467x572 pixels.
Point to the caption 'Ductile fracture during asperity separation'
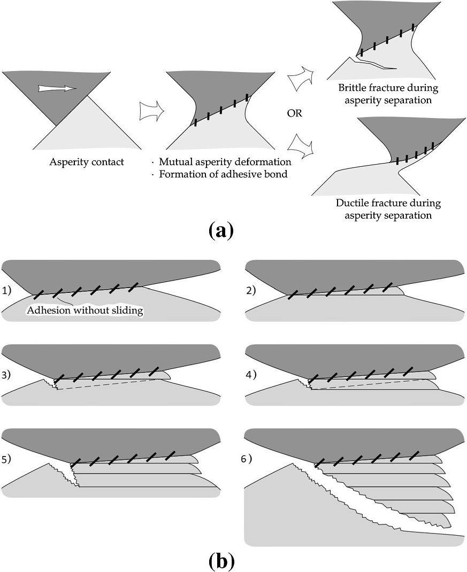pyautogui.click(x=388, y=210)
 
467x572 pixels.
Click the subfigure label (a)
pyautogui.click(x=220, y=231)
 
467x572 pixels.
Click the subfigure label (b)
pyautogui.click(x=220, y=561)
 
